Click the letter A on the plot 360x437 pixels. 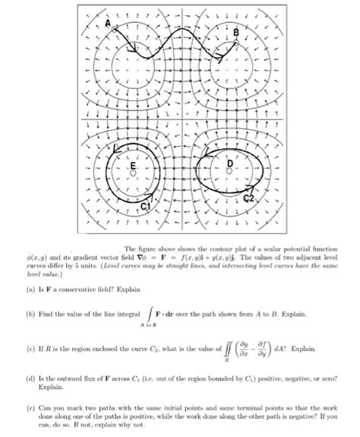pyautogui.click(x=108, y=25)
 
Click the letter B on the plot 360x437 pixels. pyautogui.click(x=235, y=33)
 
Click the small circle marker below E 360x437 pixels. pyautogui.click(x=134, y=173)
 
